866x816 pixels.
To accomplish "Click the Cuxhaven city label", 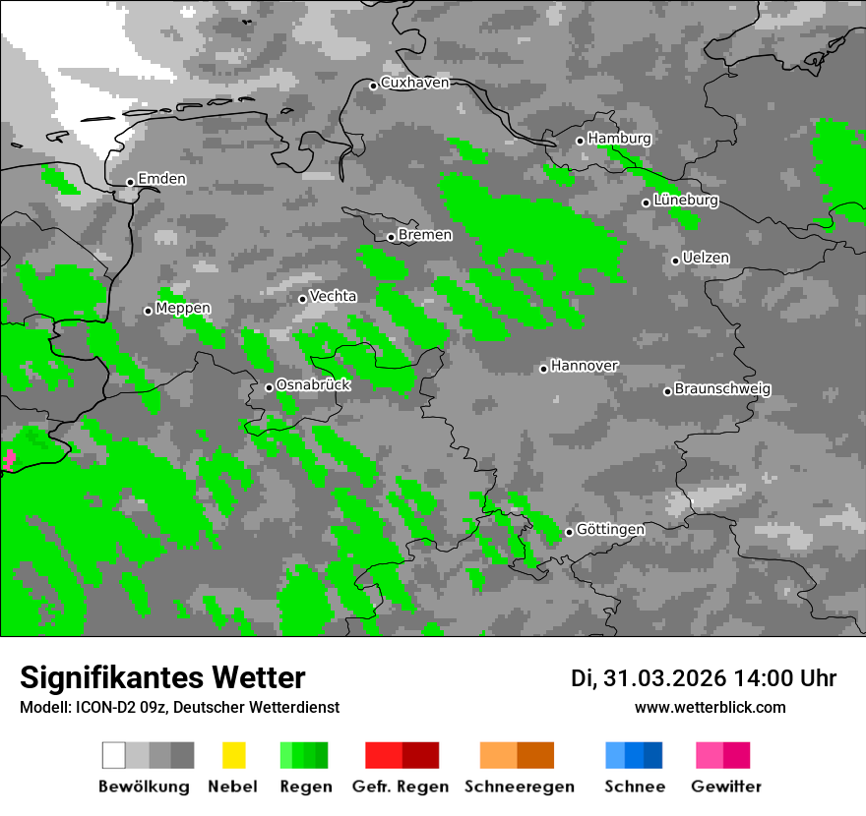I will click(x=414, y=83).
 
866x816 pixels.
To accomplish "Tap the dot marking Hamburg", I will click(x=580, y=141).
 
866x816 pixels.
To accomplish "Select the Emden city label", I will click(x=161, y=179).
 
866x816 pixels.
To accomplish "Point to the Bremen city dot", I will click(x=391, y=237).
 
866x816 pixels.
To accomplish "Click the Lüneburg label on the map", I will click(x=686, y=201).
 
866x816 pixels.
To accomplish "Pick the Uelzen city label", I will click(x=706, y=259).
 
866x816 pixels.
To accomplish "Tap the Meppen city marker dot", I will click(x=148, y=311).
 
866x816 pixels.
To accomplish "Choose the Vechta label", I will click(x=333, y=296).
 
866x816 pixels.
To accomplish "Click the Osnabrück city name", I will click(x=313, y=385).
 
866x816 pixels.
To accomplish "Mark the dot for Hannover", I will click(x=543, y=369).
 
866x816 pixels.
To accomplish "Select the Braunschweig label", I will click(x=722, y=389).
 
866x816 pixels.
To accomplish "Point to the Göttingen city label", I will click(x=610, y=530).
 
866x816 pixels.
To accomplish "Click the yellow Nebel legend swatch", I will click(x=233, y=755).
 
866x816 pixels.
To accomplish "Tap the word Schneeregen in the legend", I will click(x=519, y=787).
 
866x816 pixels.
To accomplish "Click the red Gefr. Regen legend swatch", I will click(x=402, y=755).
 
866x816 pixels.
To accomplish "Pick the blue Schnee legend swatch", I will click(x=634, y=755).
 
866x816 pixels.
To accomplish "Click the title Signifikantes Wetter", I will click(x=162, y=677).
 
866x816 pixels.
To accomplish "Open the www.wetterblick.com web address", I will click(x=710, y=707).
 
